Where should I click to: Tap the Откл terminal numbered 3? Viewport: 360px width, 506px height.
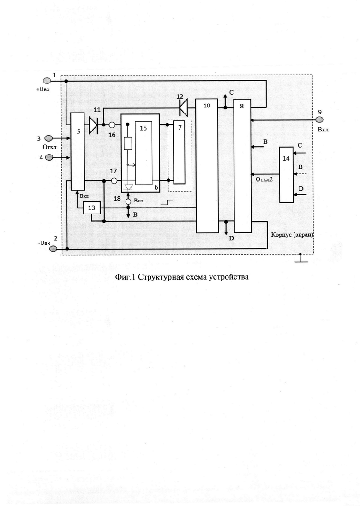click(x=48, y=138)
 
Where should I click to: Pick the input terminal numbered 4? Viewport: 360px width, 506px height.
click(x=49, y=157)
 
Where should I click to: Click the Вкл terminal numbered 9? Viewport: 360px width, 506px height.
click(x=319, y=120)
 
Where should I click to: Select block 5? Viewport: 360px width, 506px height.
click(x=78, y=151)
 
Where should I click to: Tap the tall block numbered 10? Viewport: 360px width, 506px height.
click(x=207, y=166)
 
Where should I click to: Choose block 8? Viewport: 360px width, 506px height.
click(x=242, y=166)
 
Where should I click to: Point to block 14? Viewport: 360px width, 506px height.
click(x=287, y=174)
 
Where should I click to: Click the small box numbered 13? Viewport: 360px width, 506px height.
click(x=91, y=208)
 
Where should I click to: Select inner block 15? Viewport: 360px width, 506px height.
click(x=144, y=153)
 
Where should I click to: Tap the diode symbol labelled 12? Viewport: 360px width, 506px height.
click(x=183, y=108)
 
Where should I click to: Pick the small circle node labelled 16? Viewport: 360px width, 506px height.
click(x=112, y=125)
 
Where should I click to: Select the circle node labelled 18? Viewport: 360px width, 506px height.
click(x=128, y=202)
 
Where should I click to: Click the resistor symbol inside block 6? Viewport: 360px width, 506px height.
click(x=128, y=143)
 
